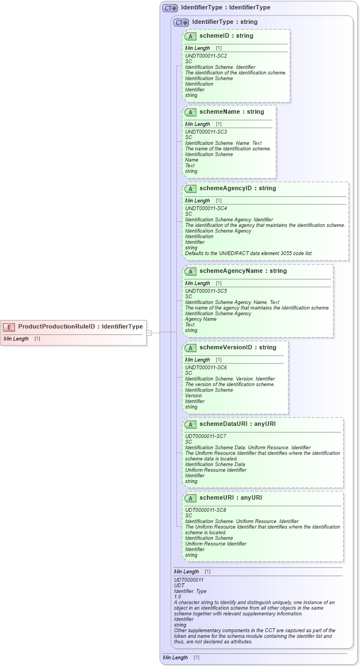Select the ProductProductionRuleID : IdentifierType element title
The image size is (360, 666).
point(80,327)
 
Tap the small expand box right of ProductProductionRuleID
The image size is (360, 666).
point(149,333)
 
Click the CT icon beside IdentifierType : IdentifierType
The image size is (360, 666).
point(170,8)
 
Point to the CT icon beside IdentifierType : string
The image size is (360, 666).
point(181,22)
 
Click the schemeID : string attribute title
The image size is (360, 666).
point(226,36)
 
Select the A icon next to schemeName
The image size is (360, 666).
point(191,112)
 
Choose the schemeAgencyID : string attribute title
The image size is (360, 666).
point(237,189)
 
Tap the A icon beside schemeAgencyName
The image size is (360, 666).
point(191,271)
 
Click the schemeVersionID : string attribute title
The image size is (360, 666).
point(237,348)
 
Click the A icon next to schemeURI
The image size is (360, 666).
point(191,498)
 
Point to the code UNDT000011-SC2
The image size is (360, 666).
point(206,56)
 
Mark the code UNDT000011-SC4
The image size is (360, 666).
point(206,209)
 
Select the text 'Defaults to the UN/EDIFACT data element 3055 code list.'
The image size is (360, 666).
point(249,253)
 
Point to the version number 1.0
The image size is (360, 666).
point(178,597)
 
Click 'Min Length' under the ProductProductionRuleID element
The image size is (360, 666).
point(16,338)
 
